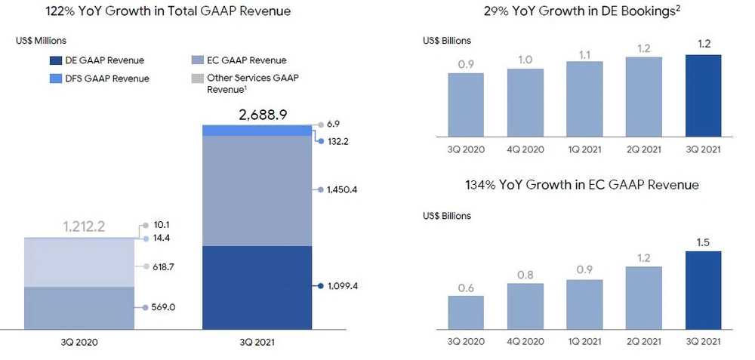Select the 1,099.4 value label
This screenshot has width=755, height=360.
(x=343, y=286)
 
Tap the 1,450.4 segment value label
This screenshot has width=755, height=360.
(x=343, y=189)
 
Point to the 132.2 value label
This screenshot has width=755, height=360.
(x=338, y=141)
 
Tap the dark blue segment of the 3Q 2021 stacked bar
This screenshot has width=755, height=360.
(x=257, y=287)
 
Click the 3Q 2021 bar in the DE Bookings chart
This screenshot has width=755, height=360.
(x=701, y=96)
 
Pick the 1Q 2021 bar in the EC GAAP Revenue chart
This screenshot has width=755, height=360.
(x=584, y=305)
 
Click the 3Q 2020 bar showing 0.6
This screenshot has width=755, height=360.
(x=465, y=312)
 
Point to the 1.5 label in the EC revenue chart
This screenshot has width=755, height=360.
(x=701, y=243)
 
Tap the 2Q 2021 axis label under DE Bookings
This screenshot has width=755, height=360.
(x=643, y=149)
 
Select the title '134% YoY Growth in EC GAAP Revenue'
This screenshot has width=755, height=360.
(x=583, y=185)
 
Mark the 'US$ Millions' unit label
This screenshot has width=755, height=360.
(x=40, y=39)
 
